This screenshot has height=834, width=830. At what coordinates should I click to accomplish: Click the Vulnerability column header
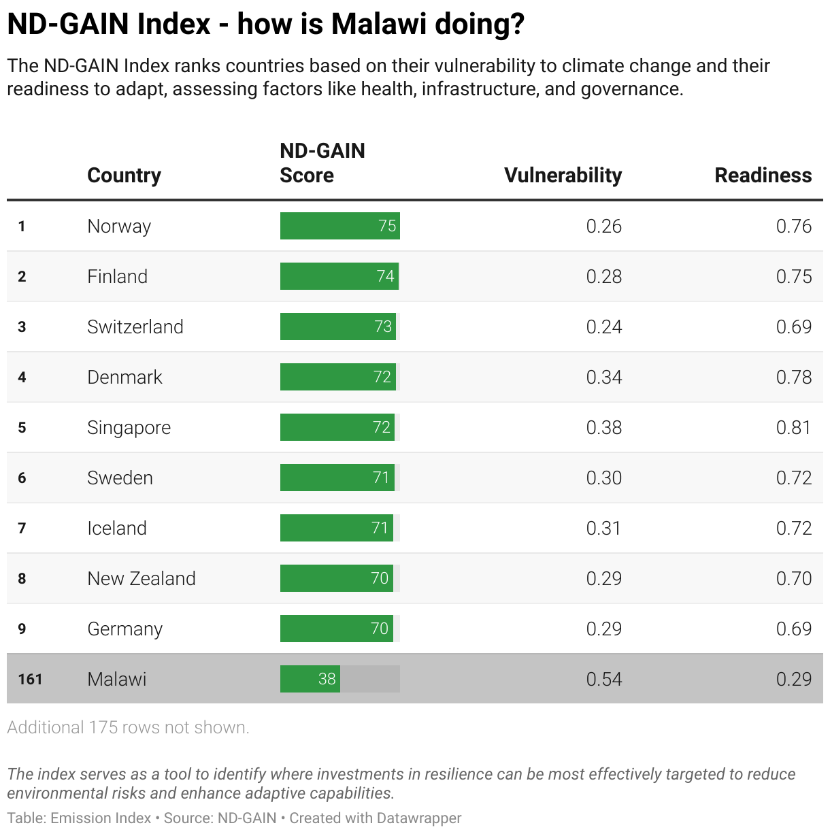[x=563, y=175]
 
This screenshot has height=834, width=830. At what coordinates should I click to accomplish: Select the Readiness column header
[x=763, y=175]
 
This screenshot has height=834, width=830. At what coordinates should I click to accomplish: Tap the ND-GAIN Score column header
[x=322, y=163]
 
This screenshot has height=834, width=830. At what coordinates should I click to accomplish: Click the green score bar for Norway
[x=339, y=226]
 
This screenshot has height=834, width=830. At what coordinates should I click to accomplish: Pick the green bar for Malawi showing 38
[x=310, y=679]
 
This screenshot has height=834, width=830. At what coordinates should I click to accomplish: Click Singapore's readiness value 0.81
[x=793, y=427]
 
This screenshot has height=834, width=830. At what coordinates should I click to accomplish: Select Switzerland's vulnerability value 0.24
[x=603, y=327]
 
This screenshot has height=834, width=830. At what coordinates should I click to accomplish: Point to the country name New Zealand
[x=142, y=578]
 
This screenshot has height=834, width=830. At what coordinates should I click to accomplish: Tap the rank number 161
[x=30, y=679]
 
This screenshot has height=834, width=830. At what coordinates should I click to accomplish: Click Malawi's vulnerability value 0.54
[x=603, y=679]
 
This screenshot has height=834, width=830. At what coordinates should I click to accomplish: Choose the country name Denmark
[x=124, y=377]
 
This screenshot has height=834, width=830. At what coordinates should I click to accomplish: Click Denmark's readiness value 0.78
[x=793, y=377]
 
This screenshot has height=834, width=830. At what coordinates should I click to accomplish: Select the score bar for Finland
[x=339, y=276]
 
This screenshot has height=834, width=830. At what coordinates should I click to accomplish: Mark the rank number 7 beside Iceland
[x=22, y=528]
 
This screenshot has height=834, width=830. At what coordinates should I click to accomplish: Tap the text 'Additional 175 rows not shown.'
[x=128, y=727]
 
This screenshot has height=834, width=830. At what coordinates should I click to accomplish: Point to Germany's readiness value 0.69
[x=793, y=629]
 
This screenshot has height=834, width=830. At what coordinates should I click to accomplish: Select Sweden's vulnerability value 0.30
[x=603, y=478]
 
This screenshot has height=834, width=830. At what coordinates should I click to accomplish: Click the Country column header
[x=124, y=175]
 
